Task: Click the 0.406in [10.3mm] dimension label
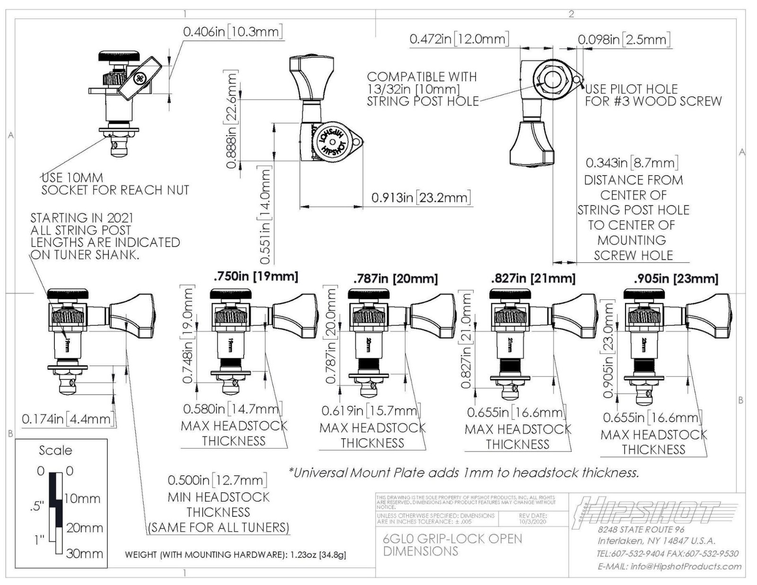click(x=232, y=32)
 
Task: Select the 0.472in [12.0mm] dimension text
click(x=459, y=39)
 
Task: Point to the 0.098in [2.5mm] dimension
click(x=624, y=39)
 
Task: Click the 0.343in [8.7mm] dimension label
click(x=632, y=163)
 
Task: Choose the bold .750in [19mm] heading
click(x=255, y=276)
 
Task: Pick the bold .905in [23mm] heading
click(x=676, y=279)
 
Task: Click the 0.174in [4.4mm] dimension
click(x=68, y=419)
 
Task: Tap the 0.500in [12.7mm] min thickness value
click(x=217, y=480)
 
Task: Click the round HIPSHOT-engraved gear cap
click(x=332, y=141)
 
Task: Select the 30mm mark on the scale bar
click(x=85, y=553)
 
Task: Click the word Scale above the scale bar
click(x=55, y=450)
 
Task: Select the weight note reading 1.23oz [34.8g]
click(x=235, y=554)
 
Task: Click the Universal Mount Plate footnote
click(x=464, y=472)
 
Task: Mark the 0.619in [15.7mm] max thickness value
click(x=371, y=410)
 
